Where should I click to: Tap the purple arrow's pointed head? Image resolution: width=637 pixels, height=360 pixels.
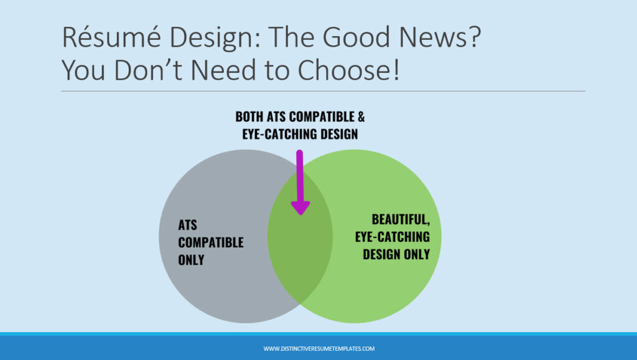(300, 208)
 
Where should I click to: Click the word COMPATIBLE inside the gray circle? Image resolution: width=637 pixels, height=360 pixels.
(211, 242)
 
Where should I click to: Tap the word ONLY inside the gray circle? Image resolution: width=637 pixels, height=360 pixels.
(191, 259)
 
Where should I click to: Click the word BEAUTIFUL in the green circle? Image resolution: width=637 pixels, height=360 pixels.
(401, 219)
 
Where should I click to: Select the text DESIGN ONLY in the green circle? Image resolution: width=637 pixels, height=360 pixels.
(396, 254)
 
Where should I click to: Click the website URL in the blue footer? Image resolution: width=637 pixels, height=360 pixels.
(318, 349)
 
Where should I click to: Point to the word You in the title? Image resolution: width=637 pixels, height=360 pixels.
(81, 70)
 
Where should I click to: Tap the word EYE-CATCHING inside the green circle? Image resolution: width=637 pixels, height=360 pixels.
(393, 237)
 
